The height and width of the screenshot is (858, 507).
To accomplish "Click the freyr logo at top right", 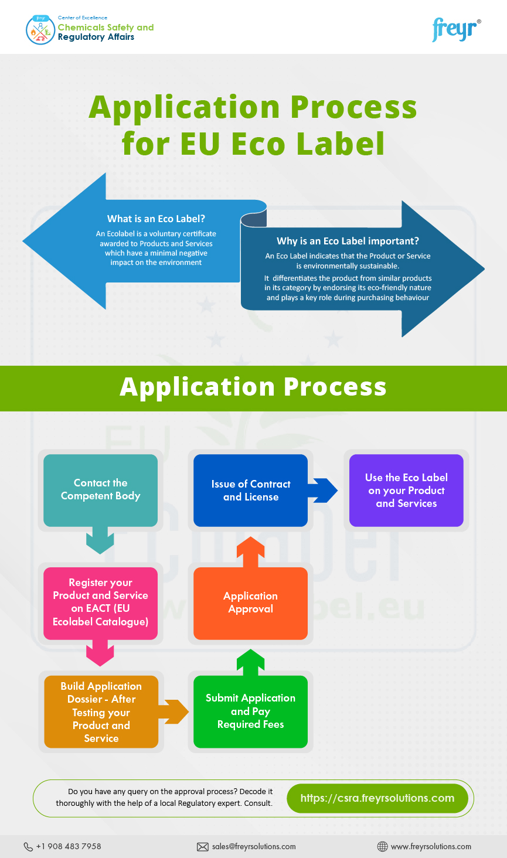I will point(456,29).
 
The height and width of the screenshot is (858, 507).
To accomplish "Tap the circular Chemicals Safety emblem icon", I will point(40,30).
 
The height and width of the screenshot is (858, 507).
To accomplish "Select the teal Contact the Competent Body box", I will point(100,490).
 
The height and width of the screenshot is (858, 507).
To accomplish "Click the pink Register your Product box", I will point(100,602).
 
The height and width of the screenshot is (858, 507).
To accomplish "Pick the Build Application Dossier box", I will point(101,711).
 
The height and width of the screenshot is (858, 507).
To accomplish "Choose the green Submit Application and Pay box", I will point(250,711).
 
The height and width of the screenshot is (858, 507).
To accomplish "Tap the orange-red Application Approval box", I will point(250,603).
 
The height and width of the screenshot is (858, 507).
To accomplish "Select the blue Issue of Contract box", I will point(250,491).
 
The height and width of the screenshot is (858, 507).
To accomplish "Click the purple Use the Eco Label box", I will point(406,491).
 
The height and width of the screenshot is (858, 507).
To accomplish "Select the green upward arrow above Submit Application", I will point(250,662).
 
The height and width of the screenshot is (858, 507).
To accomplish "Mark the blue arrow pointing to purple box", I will point(323,491).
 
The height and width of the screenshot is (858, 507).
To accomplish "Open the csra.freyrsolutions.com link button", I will point(377,798).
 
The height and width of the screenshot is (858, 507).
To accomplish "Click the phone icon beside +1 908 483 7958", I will point(28,847).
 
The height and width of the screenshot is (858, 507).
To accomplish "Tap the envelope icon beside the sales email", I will point(203,847).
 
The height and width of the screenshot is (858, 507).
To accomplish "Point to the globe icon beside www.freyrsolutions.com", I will point(382,847).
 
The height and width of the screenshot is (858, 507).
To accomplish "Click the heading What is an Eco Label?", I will point(156,219).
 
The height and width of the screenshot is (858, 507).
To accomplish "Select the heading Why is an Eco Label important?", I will point(348,241).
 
